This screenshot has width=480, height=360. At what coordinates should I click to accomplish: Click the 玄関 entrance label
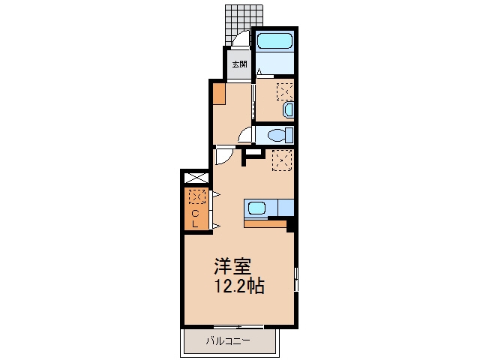pos(239,64)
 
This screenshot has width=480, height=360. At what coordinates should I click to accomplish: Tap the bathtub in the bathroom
pos(274,40)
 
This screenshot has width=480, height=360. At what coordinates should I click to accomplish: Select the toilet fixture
pos(280,135)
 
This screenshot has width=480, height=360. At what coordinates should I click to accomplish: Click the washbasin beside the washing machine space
pos(288,110)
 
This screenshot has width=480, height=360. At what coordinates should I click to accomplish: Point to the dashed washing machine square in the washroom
pos(285,91)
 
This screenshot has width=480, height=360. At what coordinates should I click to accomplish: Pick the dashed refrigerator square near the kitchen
pos(282,160)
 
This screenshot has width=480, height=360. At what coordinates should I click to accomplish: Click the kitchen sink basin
pos(256,208)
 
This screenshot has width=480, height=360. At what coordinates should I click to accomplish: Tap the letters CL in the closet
pos(195,218)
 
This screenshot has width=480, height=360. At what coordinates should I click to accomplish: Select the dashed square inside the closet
pos(197,196)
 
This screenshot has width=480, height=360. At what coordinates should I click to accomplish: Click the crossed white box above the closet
pos(196,178)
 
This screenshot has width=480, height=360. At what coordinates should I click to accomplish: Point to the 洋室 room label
pos(232,266)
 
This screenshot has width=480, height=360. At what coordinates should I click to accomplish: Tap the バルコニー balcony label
pos(228,340)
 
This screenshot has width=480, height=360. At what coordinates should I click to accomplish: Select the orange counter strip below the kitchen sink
pos(265,223)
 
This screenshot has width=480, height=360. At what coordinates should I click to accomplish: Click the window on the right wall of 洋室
pos(296,279)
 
